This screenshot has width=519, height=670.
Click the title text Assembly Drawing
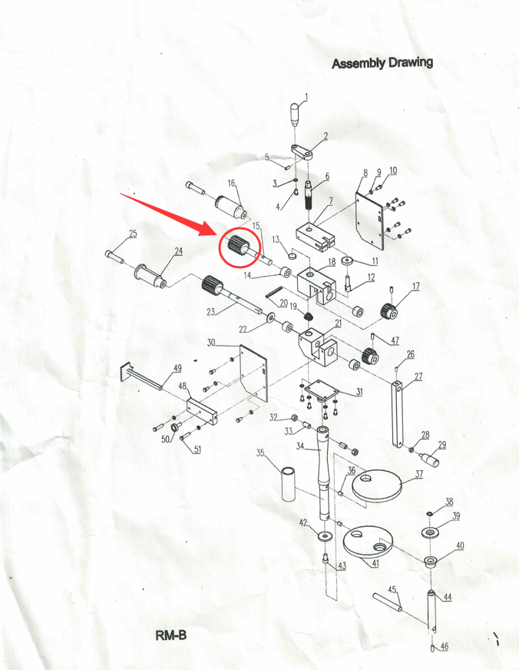(382, 63)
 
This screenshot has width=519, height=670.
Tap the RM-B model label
(170, 635)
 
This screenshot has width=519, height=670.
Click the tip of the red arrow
(219, 235)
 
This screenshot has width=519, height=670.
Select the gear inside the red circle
(235, 246)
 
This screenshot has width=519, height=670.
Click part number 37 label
(418, 473)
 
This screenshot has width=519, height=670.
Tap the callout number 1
(306, 98)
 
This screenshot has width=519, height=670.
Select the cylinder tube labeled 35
(289, 484)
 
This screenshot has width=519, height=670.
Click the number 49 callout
(177, 368)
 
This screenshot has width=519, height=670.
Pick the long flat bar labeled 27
(397, 413)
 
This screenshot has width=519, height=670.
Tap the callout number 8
(365, 173)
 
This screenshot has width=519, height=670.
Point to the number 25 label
(133, 234)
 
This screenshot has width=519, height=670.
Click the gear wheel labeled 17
(389, 310)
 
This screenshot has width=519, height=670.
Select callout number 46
(445, 646)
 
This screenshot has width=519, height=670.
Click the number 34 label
(300, 446)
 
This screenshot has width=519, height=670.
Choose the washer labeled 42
(326, 535)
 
